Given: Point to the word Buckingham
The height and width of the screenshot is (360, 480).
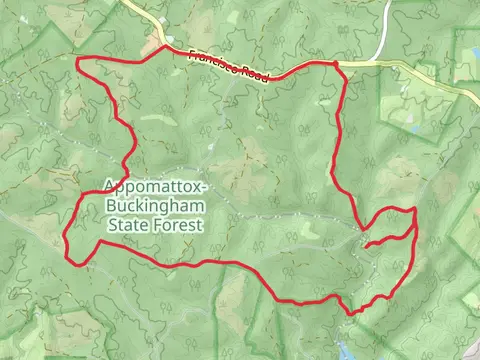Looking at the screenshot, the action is click(x=149, y=207).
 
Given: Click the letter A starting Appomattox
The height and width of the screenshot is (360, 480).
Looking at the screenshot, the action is click(x=107, y=187).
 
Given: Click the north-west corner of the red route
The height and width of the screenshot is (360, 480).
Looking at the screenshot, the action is click(x=78, y=62).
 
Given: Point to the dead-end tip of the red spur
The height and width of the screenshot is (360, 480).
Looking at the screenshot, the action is click(x=366, y=245).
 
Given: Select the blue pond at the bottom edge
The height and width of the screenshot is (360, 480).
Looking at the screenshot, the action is click(x=345, y=351).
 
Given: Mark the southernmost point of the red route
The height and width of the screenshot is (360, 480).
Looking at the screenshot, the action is click(x=351, y=313).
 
